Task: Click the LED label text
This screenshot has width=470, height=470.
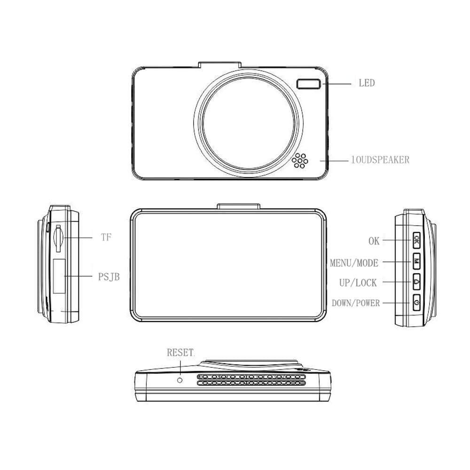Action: pos(367,83)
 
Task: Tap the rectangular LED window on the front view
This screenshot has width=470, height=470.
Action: pos(309,84)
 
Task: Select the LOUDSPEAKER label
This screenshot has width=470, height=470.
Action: pos(380,160)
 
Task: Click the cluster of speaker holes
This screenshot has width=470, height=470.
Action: pos(299,161)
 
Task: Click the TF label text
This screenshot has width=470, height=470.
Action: pos(106,237)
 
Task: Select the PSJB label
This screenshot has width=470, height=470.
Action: pos(109,277)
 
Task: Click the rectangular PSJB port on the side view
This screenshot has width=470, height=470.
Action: pos(58,276)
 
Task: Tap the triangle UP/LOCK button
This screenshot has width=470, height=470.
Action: pos(416,282)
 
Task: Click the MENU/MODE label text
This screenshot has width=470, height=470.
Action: pos(354,263)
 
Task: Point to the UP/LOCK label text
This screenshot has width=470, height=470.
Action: pos(358,283)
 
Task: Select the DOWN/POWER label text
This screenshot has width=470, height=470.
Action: pos(355,303)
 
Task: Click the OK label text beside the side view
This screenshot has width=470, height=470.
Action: pos(374,241)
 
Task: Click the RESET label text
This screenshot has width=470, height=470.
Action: pos(180,352)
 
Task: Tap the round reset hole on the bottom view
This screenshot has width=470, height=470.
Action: pos(180,379)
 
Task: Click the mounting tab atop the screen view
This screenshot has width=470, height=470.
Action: pos(239,206)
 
